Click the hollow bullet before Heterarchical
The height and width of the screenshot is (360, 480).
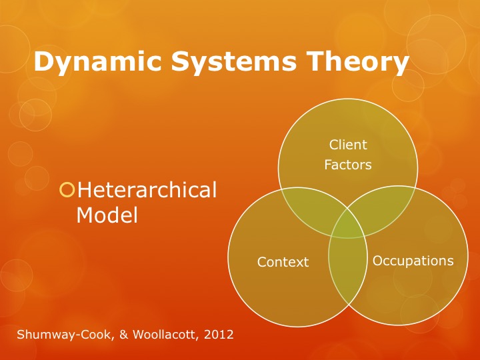click(x=67, y=190)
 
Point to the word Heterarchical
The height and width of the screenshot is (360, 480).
click(x=147, y=190)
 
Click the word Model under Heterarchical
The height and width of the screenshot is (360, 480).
click(x=107, y=215)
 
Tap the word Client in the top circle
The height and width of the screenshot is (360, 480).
click(x=348, y=145)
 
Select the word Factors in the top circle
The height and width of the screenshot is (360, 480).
click(x=348, y=165)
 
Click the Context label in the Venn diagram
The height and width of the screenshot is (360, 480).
click(x=283, y=262)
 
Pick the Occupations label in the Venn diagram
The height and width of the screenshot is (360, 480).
click(x=413, y=261)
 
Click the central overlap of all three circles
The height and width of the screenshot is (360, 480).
click(x=348, y=225)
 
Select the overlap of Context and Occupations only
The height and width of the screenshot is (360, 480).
click(x=348, y=269)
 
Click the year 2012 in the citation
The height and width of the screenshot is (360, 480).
click(x=219, y=334)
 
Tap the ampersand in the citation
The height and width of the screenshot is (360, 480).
click(x=124, y=334)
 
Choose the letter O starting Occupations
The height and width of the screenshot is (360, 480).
click(x=378, y=261)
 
